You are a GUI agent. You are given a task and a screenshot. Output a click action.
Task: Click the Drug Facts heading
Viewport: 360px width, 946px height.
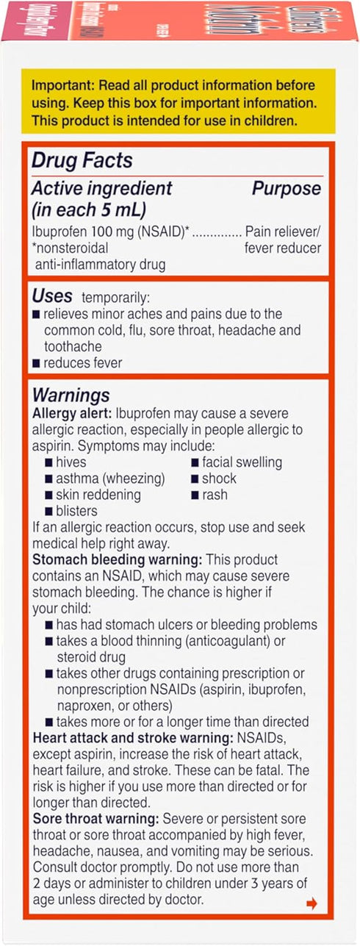coord(81,161)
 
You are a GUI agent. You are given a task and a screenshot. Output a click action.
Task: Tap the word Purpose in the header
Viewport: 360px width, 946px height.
coord(287,189)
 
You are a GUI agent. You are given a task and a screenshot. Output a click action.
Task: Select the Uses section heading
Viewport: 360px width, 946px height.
coord(52,296)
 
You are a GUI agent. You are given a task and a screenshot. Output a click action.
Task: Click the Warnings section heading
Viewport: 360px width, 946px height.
coord(71,396)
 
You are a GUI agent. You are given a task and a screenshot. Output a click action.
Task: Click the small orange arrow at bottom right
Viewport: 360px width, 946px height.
coord(312,904)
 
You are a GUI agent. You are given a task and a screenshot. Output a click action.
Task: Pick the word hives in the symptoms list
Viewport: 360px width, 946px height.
coord(71,462)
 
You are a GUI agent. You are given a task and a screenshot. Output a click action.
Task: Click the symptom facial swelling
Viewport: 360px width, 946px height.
coord(242,462)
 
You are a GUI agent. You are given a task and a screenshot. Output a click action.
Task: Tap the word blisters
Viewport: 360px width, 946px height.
coord(76,510)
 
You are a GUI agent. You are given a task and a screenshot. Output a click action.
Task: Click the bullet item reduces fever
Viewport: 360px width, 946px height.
coord(83,362)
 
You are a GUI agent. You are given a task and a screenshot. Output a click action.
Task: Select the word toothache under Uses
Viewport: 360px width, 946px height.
coord(73,345)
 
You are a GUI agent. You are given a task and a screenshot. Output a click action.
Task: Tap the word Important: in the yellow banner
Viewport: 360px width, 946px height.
coord(62,85)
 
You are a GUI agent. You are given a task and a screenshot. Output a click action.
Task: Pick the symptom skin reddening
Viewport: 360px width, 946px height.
coord(98,495)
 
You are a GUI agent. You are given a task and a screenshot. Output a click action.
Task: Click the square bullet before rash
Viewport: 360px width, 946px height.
coord(195,495)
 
